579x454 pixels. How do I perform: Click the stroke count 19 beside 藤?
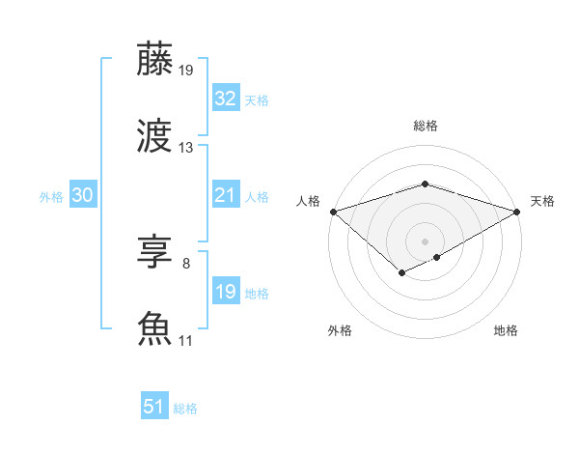click(x=186, y=70)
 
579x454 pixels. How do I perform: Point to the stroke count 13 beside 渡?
click(x=186, y=148)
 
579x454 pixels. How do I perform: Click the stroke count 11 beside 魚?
click(x=186, y=340)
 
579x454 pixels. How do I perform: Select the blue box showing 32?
click(x=226, y=98)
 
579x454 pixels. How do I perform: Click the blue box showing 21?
click(x=226, y=195)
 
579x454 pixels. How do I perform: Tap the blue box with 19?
click(x=226, y=291)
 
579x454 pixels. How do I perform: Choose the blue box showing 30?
click(x=83, y=195)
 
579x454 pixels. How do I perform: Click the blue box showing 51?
click(x=154, y=407)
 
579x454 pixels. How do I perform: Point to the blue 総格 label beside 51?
click(x=185, y=409)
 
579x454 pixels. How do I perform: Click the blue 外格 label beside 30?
click(x=51, y=196)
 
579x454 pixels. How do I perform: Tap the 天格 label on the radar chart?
click(x=542, y=201)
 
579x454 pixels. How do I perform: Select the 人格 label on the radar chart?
click(x=308, y=201)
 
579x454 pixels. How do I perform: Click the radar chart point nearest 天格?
click(x=518, y=211)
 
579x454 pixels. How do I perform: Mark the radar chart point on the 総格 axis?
click(x=425, y=184)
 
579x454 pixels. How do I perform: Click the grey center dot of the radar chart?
click(x=425, y=241)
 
